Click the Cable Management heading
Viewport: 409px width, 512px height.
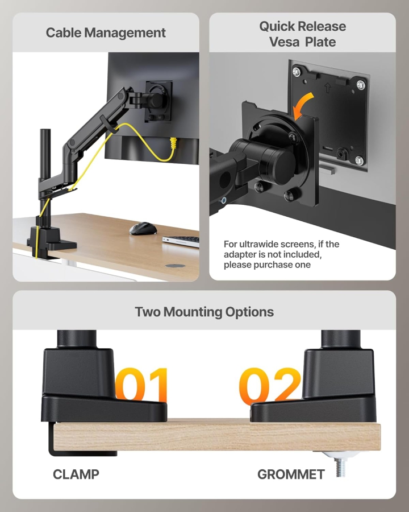pyautogui.click(x=106, y=33)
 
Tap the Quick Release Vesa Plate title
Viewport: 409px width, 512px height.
pyautogui.click(x=302, y=34)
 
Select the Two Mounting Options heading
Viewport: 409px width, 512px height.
pyautogui.click(x=204, y=312)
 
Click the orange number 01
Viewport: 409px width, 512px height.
pyautogui.click(x=143, y=385)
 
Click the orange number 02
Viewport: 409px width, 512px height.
pyautogui.click(x=270, y=385)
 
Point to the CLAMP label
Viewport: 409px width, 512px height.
pyautogui.click(x=76, y=474)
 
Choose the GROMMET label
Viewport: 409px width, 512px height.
pyautogui.click(x=291, y=474)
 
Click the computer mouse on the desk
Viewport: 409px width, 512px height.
pyautogui.click(x=143, y=228)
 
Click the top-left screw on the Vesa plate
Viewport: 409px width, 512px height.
pyautogui.click(x=295, y=71)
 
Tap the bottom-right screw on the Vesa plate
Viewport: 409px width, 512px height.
pyautogui.click(x=359, y=160)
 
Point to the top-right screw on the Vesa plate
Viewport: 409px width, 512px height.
pyautogui.click(x=360, y=85)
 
